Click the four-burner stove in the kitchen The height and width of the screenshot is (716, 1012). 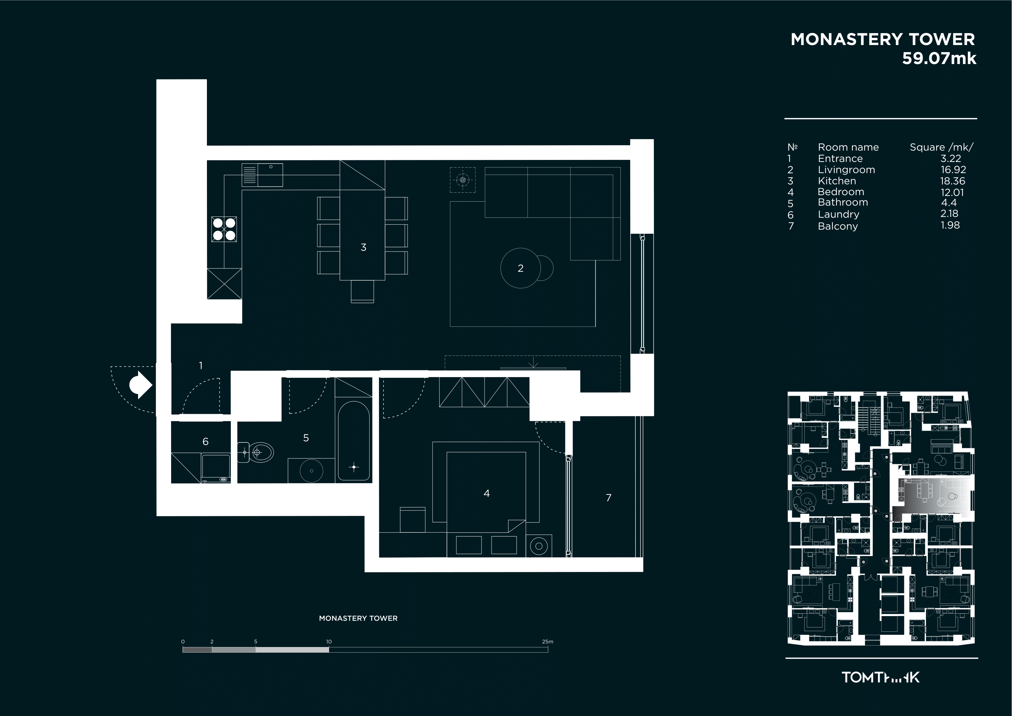click(224, 229)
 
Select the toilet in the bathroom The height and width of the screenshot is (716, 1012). click(256, 452)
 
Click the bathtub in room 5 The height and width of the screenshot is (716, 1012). click(354, 441)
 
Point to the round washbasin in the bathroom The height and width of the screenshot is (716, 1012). click(311, 470)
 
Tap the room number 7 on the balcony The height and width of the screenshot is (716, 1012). click(609, 498)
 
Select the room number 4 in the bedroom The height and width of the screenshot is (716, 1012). click(487, 493)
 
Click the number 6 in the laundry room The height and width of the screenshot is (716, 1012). click(205, 441)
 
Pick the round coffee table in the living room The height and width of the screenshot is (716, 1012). click(521, 268)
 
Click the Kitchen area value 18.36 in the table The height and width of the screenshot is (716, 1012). click(953, 181)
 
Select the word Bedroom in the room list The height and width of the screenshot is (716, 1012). click(841, 192)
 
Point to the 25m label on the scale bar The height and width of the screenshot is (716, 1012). click(547, 642)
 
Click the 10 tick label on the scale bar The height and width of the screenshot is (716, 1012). click(329, 642)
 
